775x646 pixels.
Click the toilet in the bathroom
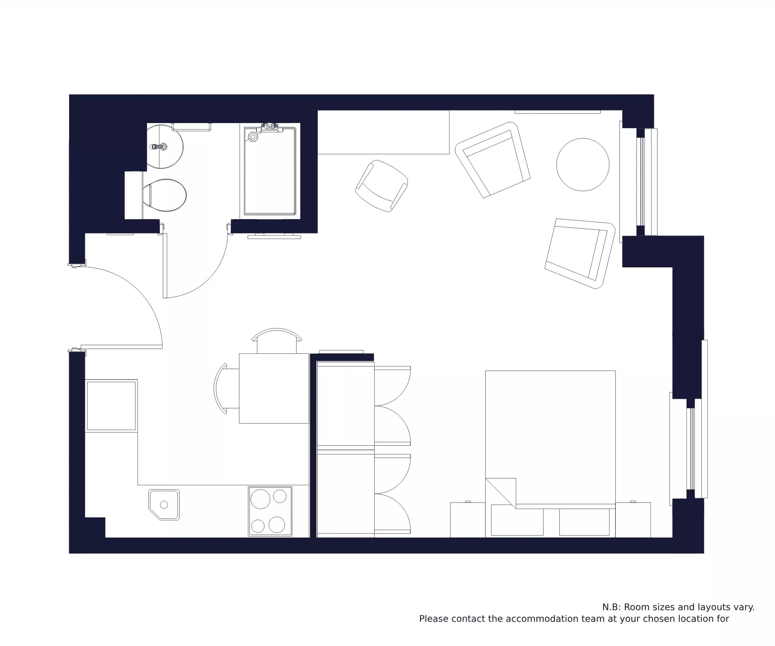point(166,195)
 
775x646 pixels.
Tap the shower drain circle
point(253,137)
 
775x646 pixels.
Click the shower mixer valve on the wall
point(270,127)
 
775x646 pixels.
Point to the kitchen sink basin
point(164,504)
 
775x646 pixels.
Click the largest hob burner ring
point(260,499)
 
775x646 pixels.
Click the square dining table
point(274,388)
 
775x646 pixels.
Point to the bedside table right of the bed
point(633,520)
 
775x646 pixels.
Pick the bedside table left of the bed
point(467,520)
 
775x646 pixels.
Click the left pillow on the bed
point(517,520)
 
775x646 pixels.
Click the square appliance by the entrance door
point(111,406)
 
